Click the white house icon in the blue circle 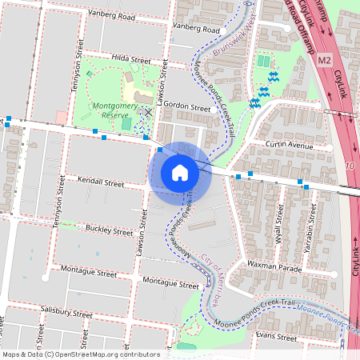point(180,173)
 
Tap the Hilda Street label point(131,60)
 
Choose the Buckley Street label point(110,231)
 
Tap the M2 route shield point(323,60)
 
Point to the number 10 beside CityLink point(350,165)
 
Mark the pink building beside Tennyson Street point(62,118)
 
